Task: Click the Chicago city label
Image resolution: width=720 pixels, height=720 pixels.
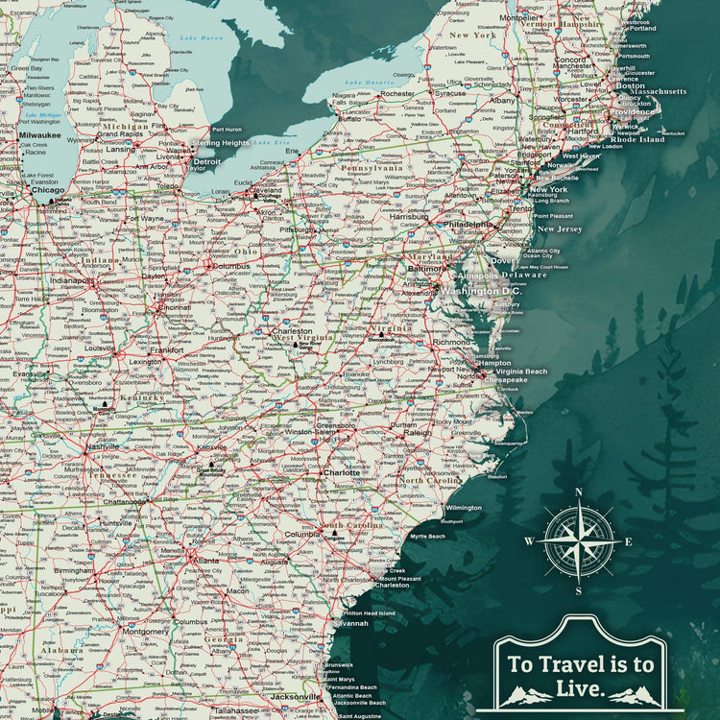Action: [x=48, y=190]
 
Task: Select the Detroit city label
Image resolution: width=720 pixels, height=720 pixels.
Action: [x=207, y=162]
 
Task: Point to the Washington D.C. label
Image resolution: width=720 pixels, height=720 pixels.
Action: [x=483, y=291]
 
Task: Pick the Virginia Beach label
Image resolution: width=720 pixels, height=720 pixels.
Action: [x=521, y=372]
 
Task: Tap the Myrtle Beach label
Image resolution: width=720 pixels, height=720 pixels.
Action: [x=428, y=536]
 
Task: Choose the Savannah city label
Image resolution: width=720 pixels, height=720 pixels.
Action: [x=351, y=623]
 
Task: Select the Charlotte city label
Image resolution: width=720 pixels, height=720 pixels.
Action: [x=341, y=472]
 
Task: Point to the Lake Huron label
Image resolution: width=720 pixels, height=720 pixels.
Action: [x=201, y=37]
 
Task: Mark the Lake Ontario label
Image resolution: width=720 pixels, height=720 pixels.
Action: [x=365, y=84]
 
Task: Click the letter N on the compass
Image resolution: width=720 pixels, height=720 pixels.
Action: [x=578, y=492]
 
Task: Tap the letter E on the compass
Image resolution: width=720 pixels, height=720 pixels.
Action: [x=629, y=541]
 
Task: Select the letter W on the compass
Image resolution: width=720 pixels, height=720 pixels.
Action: [x=528, y=541]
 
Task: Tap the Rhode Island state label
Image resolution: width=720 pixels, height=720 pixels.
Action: [x=637, y=139]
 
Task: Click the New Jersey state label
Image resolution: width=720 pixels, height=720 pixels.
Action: [x=559, y=229]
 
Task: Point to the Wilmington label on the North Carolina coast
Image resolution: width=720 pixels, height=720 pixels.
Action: [x=464, y=507]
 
